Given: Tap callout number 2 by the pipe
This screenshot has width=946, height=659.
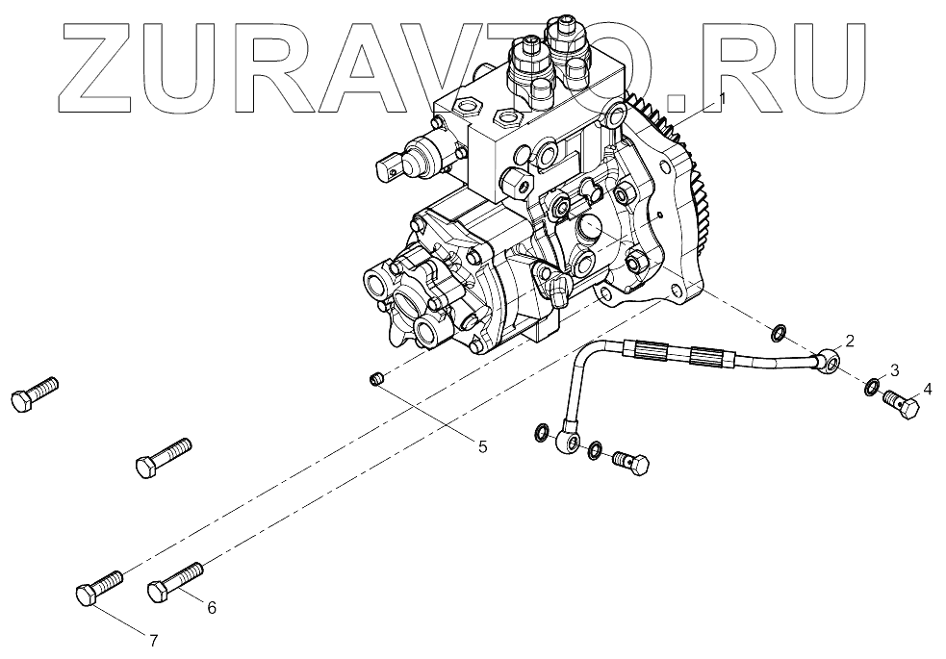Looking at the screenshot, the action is tap(851, 340).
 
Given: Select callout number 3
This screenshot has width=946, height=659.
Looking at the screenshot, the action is tap(895, 370).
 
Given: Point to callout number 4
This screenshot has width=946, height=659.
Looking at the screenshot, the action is tap(928, 389).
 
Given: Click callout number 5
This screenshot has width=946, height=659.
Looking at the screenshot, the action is tap(483, 445).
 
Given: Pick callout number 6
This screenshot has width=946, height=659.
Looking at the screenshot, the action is tap(212, 607).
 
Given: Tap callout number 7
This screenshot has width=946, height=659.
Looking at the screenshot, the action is tap(152, 640).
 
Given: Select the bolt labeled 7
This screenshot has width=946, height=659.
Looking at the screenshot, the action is tap(98, 586).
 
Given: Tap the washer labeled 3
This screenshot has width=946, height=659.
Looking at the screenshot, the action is tap(871, 388).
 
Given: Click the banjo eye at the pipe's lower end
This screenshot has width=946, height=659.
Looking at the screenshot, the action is tap(568, 442).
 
